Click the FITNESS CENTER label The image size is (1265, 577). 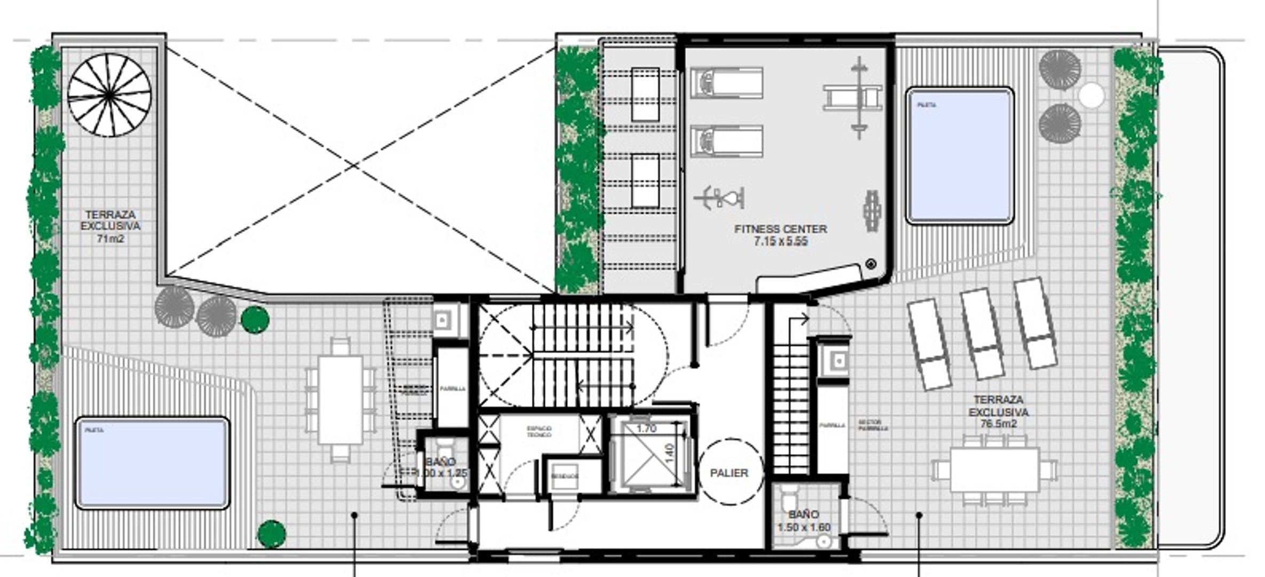point(780,229)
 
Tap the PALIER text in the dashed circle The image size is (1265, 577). point(729,473)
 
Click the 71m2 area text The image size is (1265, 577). point(110,239)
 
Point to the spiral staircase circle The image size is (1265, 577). point(109,95)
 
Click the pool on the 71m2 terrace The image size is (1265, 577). point(153,463)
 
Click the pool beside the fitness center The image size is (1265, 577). point(960,155)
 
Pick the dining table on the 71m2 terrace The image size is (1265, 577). point(341,400)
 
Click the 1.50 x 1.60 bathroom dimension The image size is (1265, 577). point(804,527)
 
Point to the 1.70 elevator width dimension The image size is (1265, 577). point(646,428)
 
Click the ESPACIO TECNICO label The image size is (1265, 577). point(539,432)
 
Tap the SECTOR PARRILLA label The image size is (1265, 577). point(873,425)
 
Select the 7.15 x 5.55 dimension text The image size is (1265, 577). point(780,241)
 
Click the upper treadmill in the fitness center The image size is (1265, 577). point(726,83)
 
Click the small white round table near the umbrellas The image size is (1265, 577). point(1091,96)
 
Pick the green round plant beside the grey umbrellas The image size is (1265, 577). point(255,319)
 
